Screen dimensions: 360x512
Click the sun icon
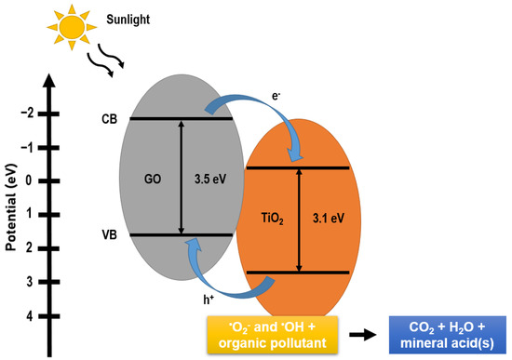click(x=68, y=29)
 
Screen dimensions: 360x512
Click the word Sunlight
click(x=127, y=17)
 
